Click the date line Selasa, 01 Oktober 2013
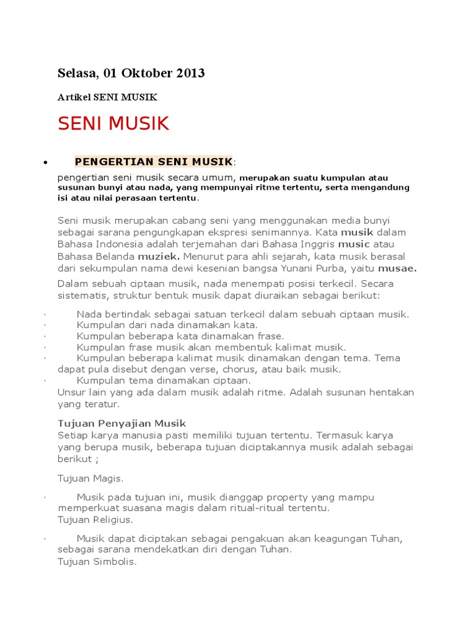click(131, 73)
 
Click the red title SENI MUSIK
click(113, 123)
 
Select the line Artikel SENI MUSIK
click(107, 97)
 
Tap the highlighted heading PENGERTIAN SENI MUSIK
click(154, 162)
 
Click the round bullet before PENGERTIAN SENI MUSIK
click(45, 163)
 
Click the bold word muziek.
click(159, 256)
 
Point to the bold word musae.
click(397, 269)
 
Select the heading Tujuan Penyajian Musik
click(121, 424)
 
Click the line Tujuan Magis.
click(90, 478)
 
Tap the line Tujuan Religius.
click(95, 520)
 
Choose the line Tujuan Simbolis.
click(97, 562)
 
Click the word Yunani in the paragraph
click(308, 269)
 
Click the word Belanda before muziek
click(116, 256)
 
